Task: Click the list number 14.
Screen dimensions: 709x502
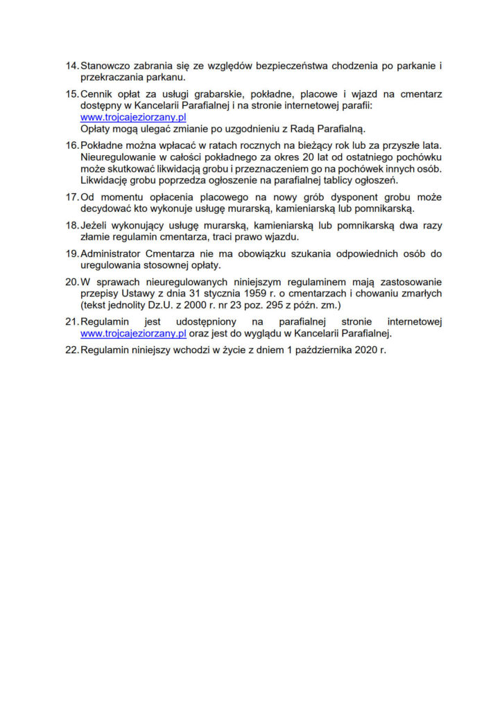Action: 71,66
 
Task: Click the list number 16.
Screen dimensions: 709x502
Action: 71,146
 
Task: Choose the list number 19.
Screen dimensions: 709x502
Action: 71,253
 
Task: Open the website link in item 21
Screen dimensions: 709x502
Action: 133,332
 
